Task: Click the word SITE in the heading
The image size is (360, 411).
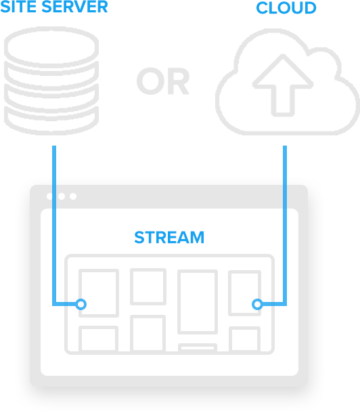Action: (x=18, y=6)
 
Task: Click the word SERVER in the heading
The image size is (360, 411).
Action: (x=74, y=6)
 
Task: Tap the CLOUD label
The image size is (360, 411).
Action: (x=286, y=8)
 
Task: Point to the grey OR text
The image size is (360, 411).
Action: (x=162, y=81)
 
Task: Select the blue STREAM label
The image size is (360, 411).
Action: (x=169, y=238)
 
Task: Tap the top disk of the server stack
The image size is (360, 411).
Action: (x=51, y=46)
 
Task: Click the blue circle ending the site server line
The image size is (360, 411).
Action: (x=81, y=304)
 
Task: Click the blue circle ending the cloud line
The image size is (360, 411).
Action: (x=257, y=304)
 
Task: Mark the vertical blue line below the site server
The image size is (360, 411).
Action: (x=54, y=225)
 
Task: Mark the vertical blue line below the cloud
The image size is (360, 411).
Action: (x=285, y=225)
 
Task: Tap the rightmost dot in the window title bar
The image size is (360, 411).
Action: (x=73, y=196)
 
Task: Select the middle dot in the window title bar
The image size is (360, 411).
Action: (x=62, y=196)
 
